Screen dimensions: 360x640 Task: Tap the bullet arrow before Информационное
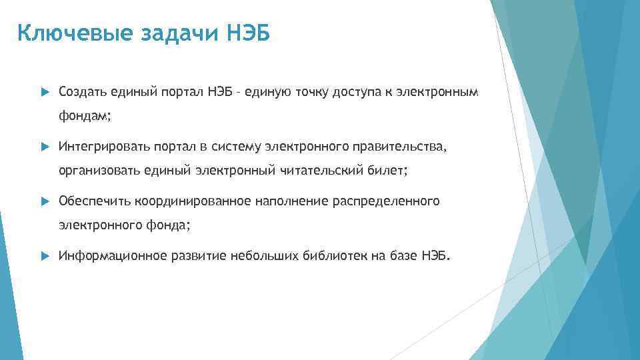(45, 256)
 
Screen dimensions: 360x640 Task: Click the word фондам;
(85, 116)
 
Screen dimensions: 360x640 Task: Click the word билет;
(387, 171)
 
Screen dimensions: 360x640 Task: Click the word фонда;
(167, 226)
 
